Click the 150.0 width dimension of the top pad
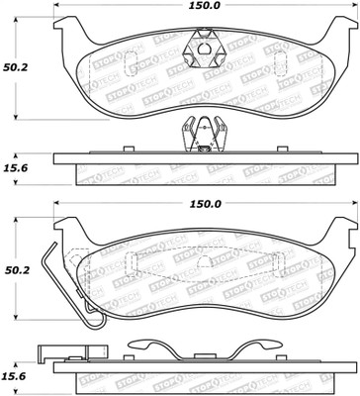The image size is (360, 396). click(205, 5)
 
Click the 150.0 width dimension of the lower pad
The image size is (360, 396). click(205, 204)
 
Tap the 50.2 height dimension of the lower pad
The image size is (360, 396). click(17, 270)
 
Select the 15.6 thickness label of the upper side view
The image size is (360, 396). click(15, 168)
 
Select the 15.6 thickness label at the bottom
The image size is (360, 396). click(15, 376)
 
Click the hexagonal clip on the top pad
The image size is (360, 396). click(204, 49)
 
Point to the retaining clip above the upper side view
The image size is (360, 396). click(205, 135)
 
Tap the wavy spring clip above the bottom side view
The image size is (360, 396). click(205, 350)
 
